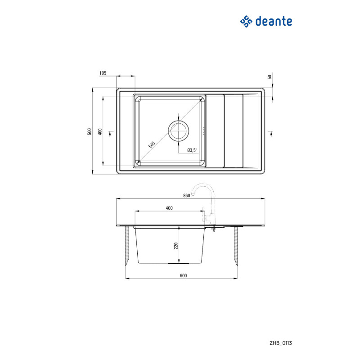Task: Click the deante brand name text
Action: pos(274,21)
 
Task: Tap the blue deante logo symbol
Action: pos(246,22)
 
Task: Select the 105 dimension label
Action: pos(103,73)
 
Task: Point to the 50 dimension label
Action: pos(270,77)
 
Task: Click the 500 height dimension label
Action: pos(90,131)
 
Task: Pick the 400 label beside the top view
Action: pos(100,131)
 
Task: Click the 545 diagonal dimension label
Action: pos(152,144)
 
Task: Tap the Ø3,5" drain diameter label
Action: pos(192,150)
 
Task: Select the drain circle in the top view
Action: pos(178,131)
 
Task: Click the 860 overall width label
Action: pos(187,195)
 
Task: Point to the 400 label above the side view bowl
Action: pos(169,208)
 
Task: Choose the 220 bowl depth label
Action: pos(176,246)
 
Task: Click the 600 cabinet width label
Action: pos(183,275)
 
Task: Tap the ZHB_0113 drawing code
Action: pos(281,343)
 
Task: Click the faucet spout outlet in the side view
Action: pos(193,194)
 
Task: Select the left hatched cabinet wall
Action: pos(127,246)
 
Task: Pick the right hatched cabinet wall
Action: pos(236,246)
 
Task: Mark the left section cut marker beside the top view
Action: pos(111,134)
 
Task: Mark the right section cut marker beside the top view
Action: pos(271,134)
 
